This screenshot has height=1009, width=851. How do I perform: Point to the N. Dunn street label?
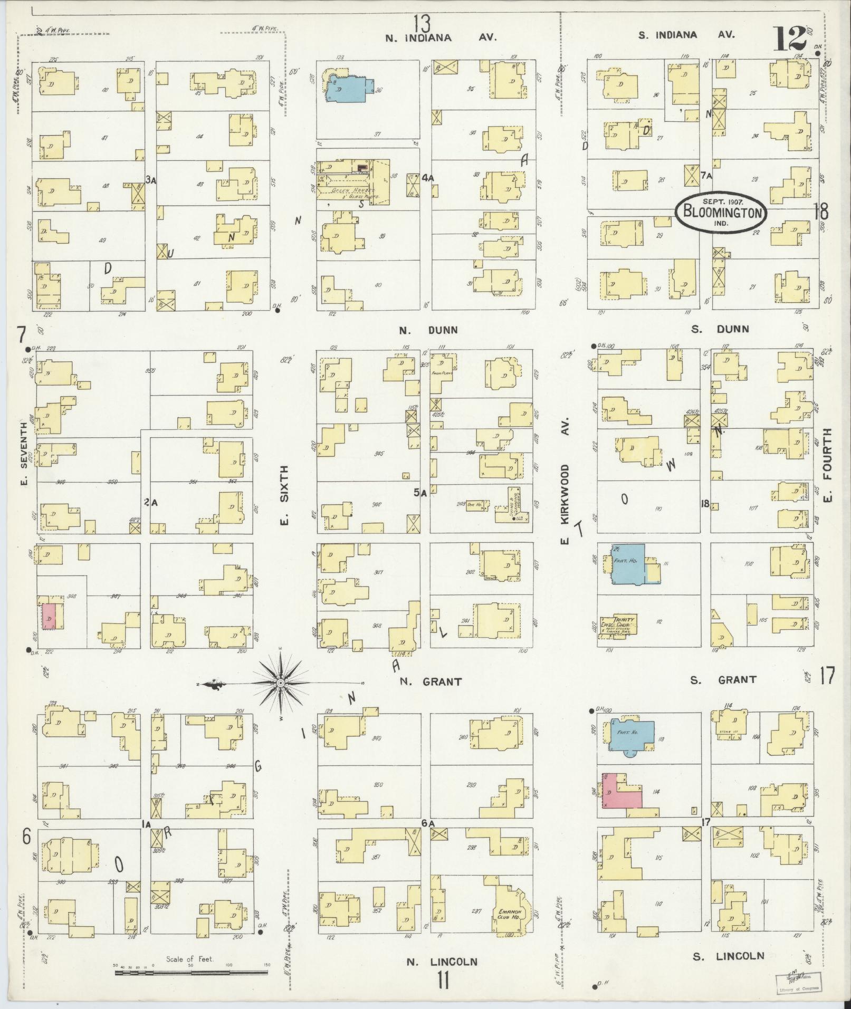[428, 331]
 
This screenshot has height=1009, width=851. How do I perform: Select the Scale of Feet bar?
[191, 971]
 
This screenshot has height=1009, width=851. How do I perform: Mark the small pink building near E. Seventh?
[49, 616]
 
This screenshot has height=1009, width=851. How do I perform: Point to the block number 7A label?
[707, 175]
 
